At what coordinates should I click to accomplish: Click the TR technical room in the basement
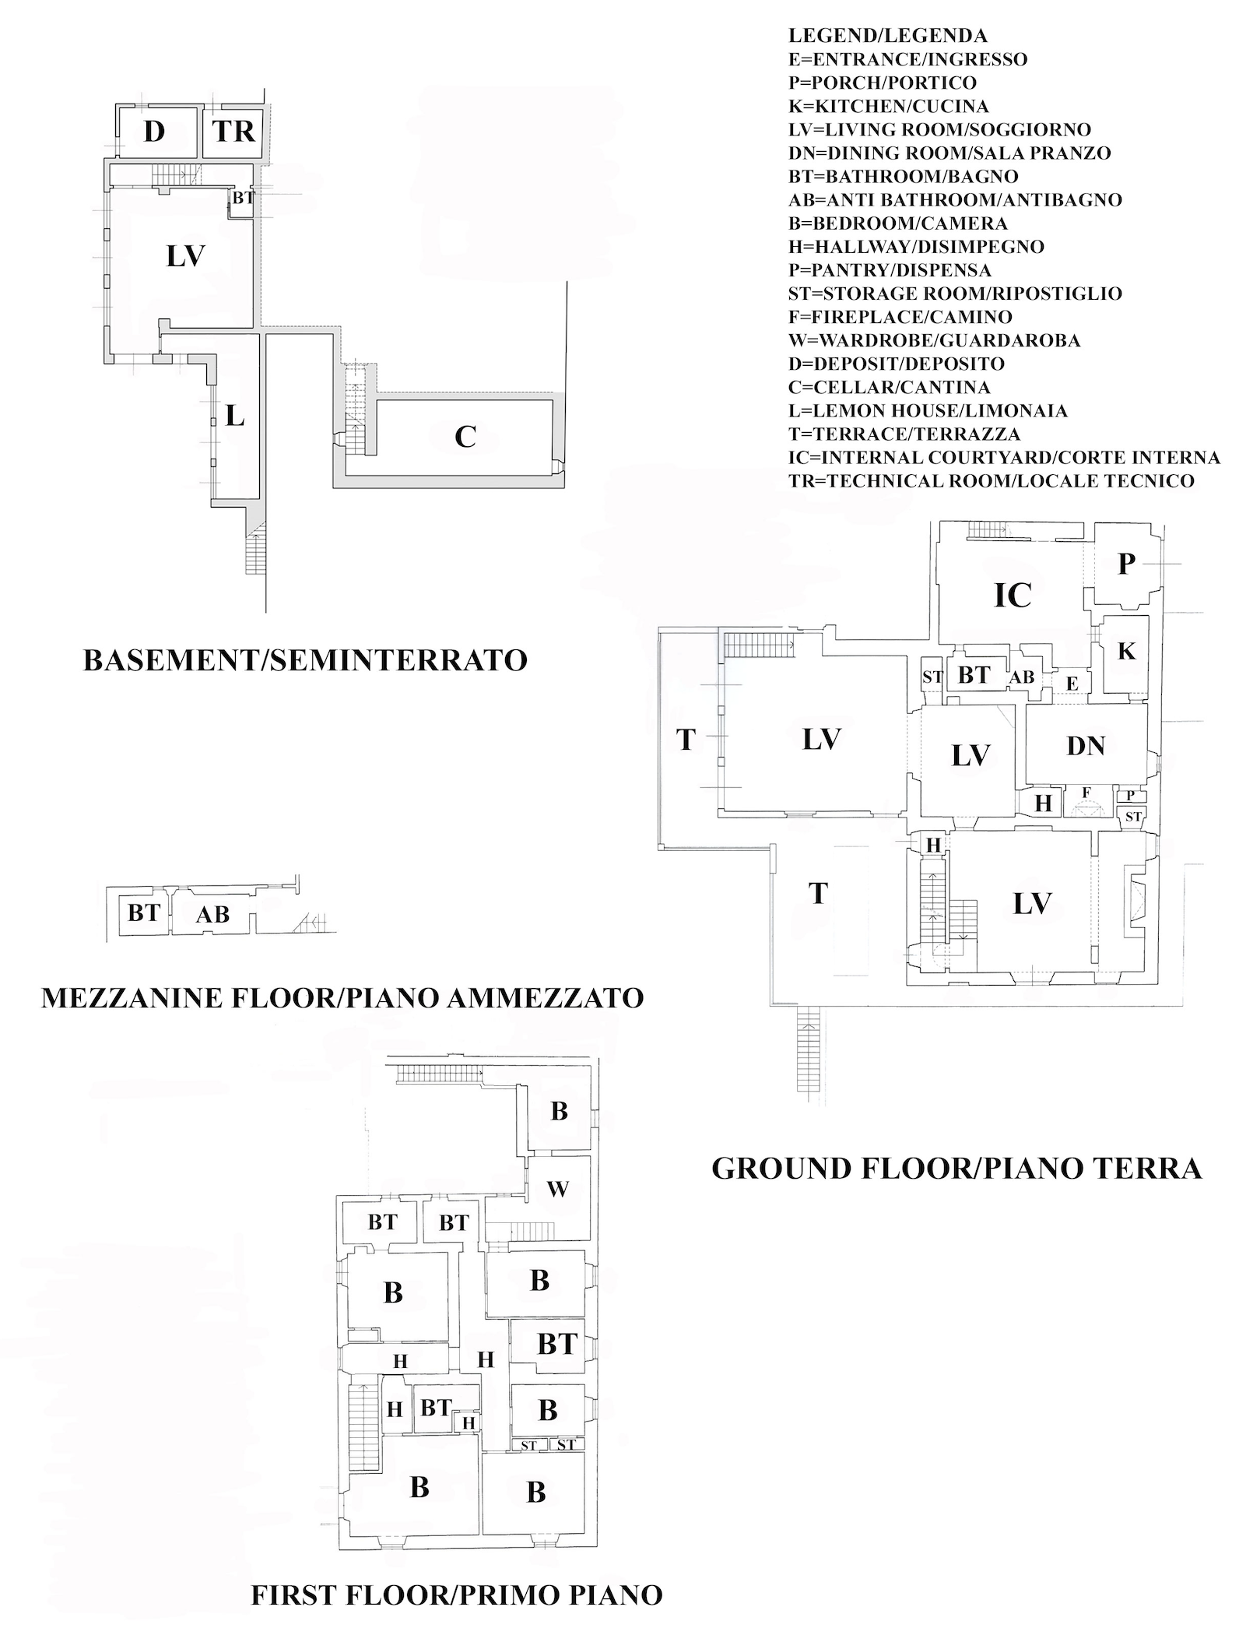tap(233, 131)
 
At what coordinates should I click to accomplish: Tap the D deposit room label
tap(155, 132)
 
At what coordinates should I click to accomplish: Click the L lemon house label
tap(235, 417)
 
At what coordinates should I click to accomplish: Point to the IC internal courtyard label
tap(1013, 595)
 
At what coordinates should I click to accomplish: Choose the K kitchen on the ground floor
tap(1126, 652)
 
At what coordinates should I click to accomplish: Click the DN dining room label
tap(1086, 746)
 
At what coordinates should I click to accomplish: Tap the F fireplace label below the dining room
tap(1087, 793)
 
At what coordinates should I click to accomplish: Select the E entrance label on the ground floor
tap(1072, 684)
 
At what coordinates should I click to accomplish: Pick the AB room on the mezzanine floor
tap(212, 913)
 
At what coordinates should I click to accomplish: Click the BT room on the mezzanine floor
tap(144, 912)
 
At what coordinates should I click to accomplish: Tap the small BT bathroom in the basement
tap(243, 198)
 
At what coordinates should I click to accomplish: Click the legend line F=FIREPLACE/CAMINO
tap(900, 317)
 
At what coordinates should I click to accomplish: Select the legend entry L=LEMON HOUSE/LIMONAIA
tap(928, 410)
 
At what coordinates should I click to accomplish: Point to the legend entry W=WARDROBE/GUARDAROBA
tap(934, 340)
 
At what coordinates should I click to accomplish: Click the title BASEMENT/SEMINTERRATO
tap(305, 660)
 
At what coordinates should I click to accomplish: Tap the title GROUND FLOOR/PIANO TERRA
tap(957, 1169)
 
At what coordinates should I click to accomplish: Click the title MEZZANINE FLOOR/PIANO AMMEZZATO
tap(342, 998)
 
